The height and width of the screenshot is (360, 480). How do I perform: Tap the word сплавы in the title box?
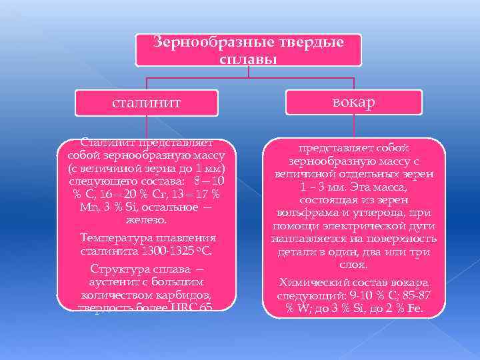click(x=248, y=59)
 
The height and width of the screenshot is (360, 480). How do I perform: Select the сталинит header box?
click(x=147, y=103)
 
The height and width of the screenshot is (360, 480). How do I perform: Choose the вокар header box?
click(x=354, y=102)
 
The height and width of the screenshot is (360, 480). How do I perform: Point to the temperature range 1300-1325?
click(x=157, y=251)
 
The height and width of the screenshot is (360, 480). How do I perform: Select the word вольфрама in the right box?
click(x=306, y=213)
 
